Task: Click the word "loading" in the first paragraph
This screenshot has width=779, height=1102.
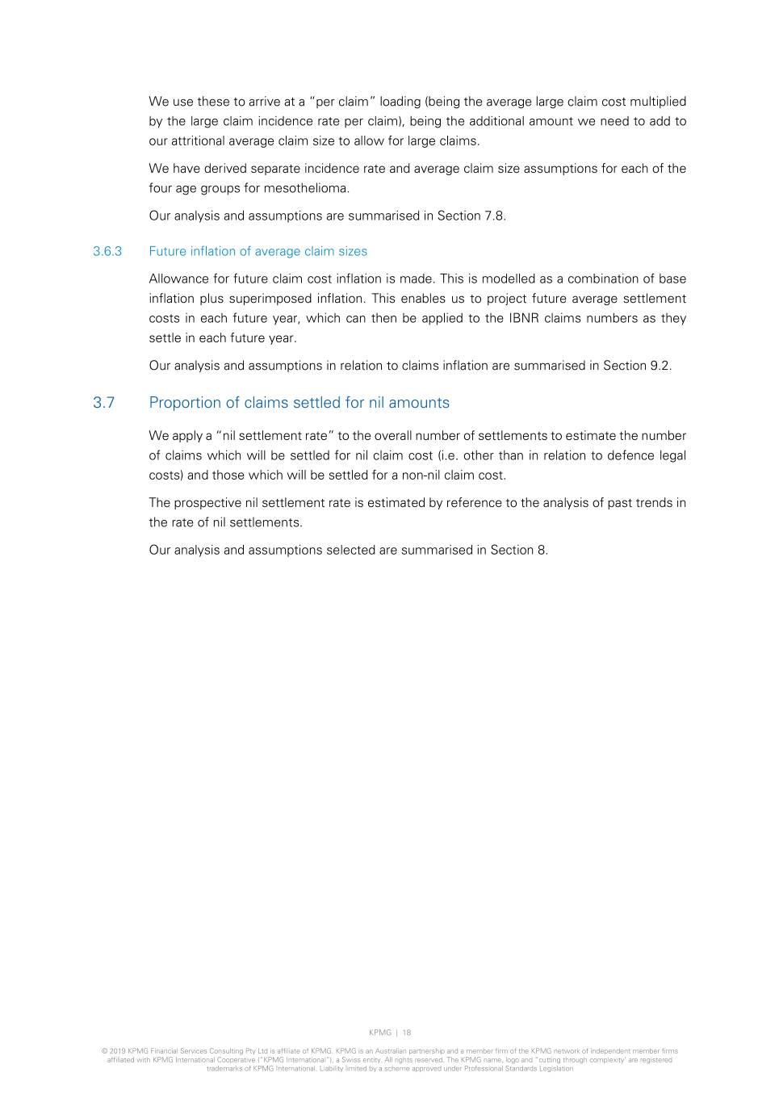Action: (x=400, y=102)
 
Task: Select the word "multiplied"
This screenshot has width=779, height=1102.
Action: (x=657, y=102)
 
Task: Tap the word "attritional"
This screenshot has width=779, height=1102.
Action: (x=201, y=141)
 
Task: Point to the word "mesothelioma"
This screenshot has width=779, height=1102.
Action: (x=311, y=189)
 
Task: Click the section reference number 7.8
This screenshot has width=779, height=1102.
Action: (x=494, y=216)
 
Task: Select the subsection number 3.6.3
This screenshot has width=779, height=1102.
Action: (x=107, y=251)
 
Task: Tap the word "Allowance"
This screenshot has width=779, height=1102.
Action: (x=178, y=279)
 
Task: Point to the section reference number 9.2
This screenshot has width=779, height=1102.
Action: (x=660, y=366)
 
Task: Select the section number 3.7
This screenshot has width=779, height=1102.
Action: (x=104, y=403)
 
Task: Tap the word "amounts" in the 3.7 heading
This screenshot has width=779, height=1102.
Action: (x=419, y=403)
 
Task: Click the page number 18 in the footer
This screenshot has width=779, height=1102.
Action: (x=407, y=1033)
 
